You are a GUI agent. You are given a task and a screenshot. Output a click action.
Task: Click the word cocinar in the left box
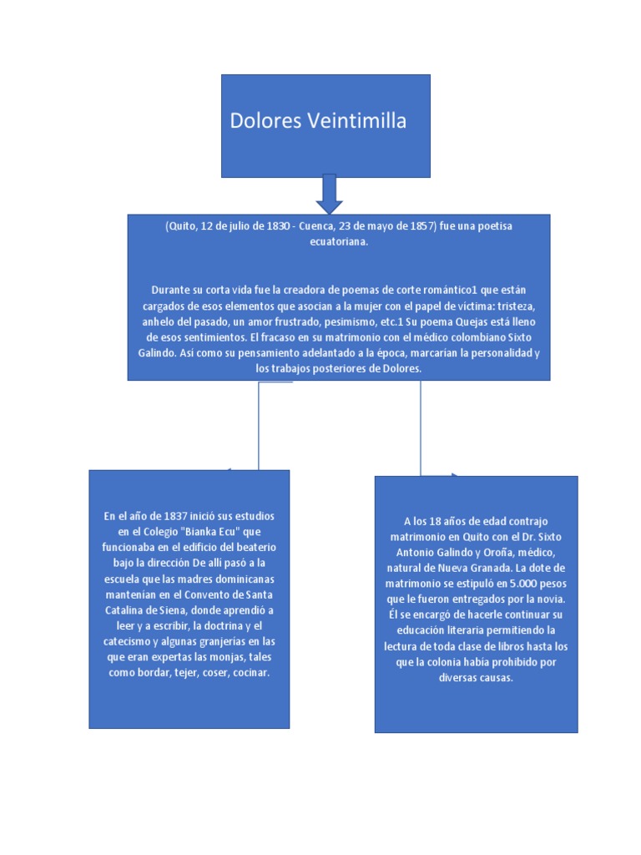[251, 671]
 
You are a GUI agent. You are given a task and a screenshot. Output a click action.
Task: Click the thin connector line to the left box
[260, 426]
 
